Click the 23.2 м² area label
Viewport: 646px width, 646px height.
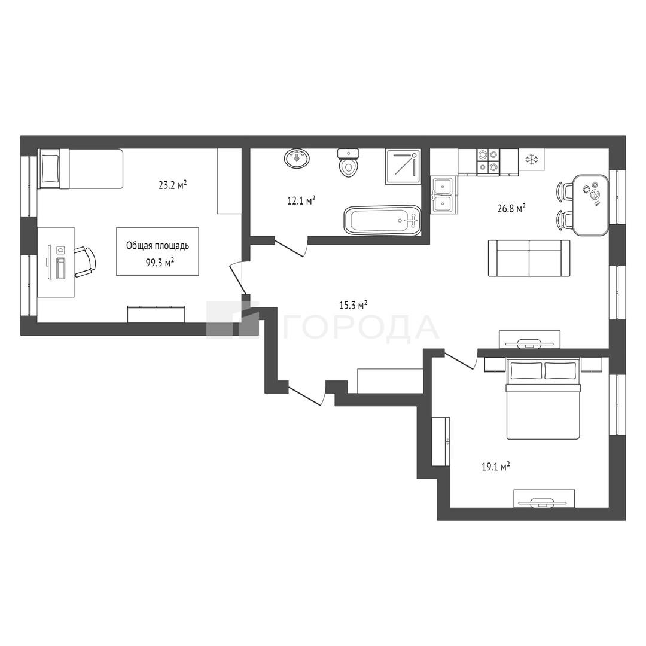click(173, 185)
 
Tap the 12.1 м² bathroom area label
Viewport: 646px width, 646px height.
click(301, 200)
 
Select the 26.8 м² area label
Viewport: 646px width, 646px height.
click(511, 209)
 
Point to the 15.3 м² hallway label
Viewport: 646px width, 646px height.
click(353, 305)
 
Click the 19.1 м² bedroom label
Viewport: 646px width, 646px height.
click(496, 467)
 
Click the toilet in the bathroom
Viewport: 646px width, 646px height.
click(349, 163)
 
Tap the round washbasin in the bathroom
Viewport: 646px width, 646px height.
click(297, 158)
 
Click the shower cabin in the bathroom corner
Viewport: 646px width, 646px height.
click(403, 167)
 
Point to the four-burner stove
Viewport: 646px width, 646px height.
click(488, 161)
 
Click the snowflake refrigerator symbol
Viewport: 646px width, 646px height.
click(532, 160)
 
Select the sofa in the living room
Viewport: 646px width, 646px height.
click(529, 258)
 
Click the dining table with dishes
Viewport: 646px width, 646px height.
click(591, 205)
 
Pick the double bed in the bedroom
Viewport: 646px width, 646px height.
click(543, 398)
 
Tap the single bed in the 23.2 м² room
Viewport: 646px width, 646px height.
click(81, 169)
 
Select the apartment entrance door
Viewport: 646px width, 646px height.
click(307, 393)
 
